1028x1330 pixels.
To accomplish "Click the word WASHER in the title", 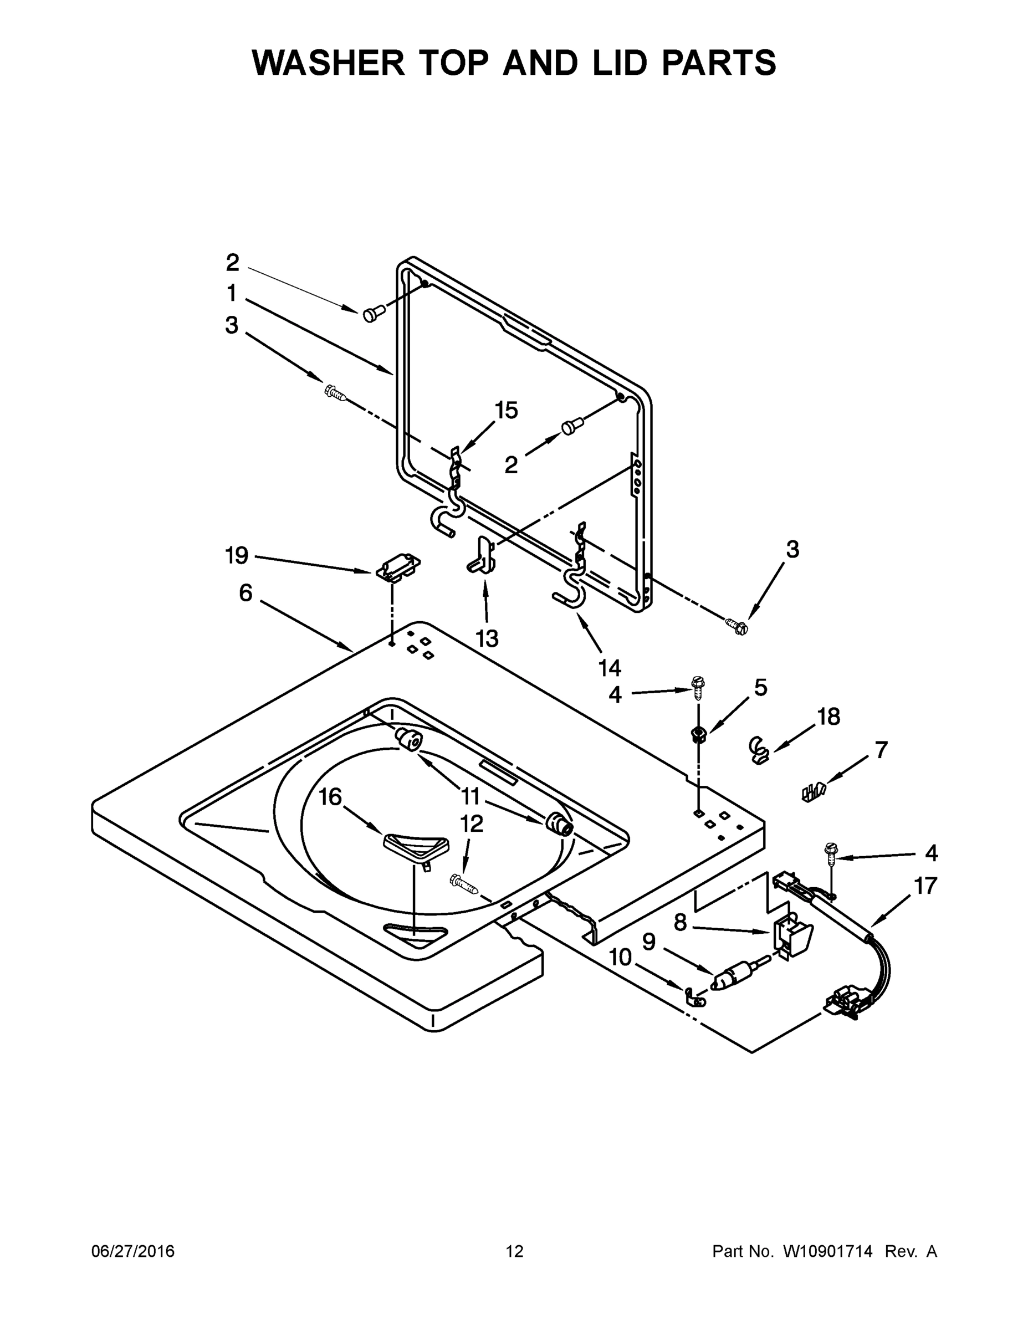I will (328, 62).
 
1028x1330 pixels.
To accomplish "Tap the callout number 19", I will (236, 555).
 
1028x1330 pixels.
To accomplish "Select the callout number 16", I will (331, 796).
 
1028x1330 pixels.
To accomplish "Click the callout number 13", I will (487, 639).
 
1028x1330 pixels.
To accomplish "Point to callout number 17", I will (925, 886).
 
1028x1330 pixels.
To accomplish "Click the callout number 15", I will (506, 411).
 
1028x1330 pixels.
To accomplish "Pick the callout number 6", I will (246, 592).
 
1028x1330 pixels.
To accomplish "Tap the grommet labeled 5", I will (698, 734).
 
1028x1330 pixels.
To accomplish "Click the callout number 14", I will (610, 668).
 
